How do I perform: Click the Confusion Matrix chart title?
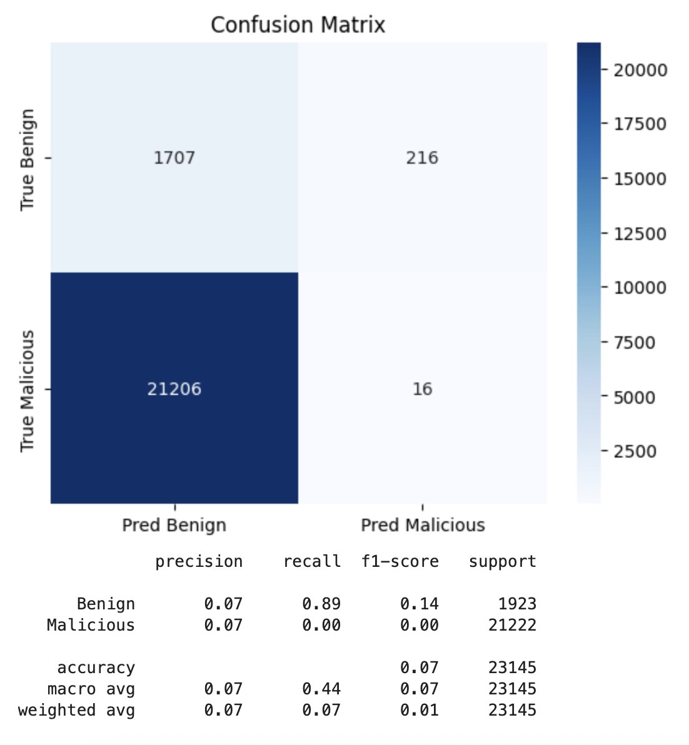pyautogui.click(x=298, y=25)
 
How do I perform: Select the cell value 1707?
pyautogui.click(x=174, y=157)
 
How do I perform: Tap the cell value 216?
pyautogui.click(x=422, y=157)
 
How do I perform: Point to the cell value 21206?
pyautogui.click(x=174, y=389)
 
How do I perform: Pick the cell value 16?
pyautogui.click(x=422, y=389)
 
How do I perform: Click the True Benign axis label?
pyautogui.click(x=27, y=159)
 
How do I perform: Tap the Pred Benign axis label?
pyautogui.click(x=174, y=525)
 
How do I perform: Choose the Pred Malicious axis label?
pyautogui.click(x=423, y=525)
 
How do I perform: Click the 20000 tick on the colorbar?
pyautogui.click(x=640, y=70)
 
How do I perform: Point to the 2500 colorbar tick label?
pyautogui.click(x=635, y=451)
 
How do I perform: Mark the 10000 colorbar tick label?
pyautogui.click(x=640, y=288)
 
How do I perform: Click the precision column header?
pyautogui.click(x=199, y=562)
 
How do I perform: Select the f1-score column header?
pyautogui.click(x=400, y=562)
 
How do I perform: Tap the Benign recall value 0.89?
pyautogui.click(x=321, y=604)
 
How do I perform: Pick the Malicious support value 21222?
pyautogui.click(x=512, y=625)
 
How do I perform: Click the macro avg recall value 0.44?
pyautogui.click(x=321, y=689)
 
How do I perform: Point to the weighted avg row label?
pyautogui.click(x=76, y=711)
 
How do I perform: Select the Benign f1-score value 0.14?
pyautogui.click(x=420, y=604)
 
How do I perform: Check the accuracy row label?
pyautogui.click(x=96, y=667)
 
